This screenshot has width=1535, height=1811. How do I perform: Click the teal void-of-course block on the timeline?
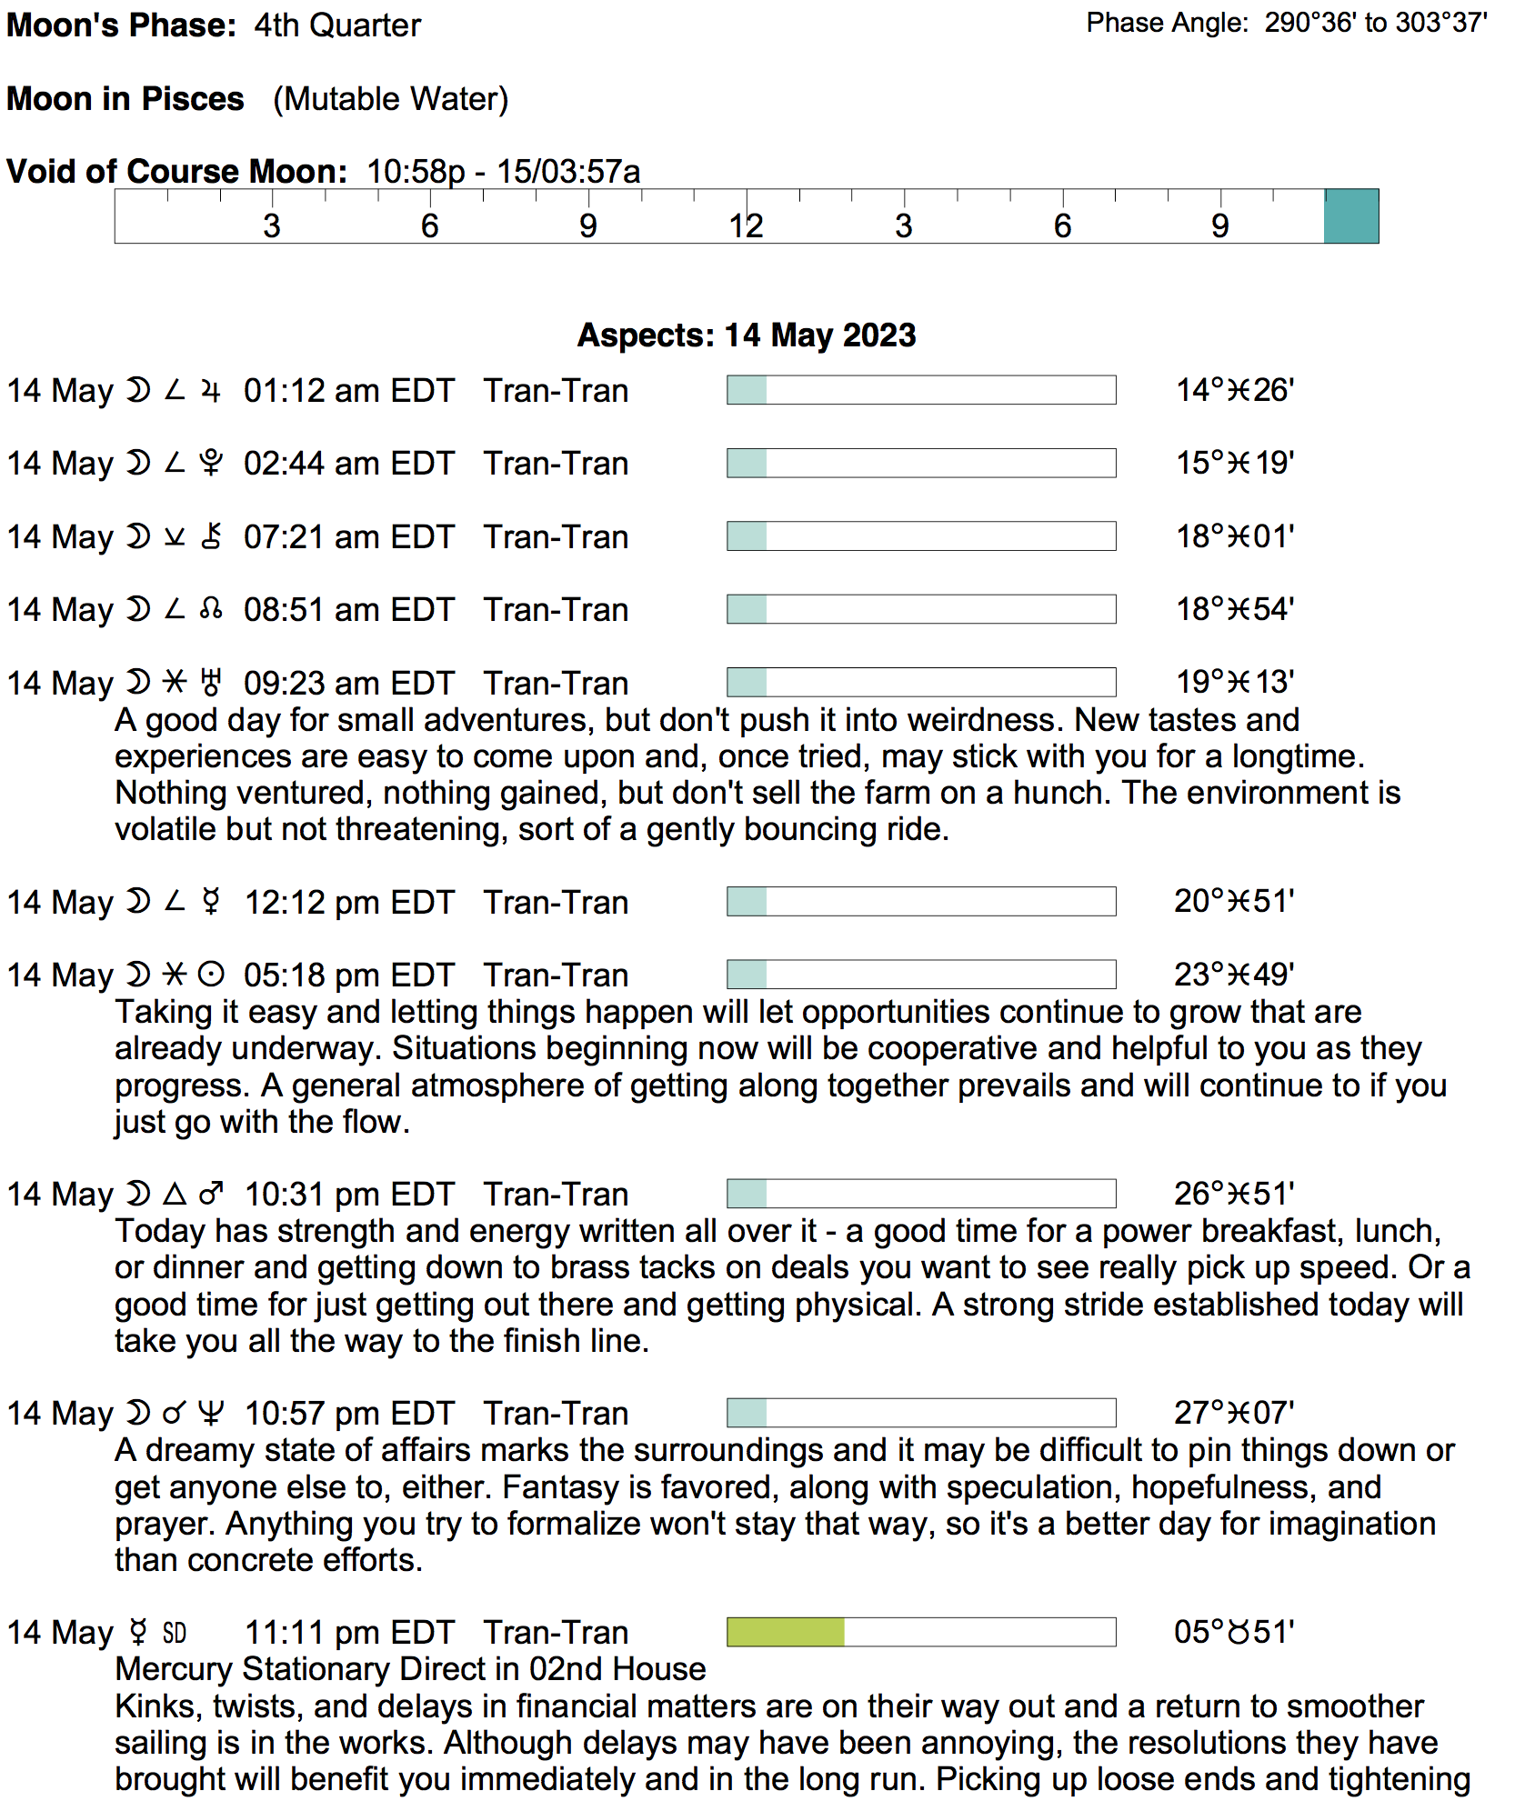[1350, 216]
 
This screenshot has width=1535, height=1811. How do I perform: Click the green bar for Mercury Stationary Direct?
[786, 1631]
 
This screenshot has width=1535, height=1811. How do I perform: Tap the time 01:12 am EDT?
[348, 391]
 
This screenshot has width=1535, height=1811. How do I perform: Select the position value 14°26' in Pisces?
[1234, 391]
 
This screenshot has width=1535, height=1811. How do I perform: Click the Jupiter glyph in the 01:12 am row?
[211, 391]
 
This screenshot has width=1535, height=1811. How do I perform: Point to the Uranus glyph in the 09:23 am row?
[211, 683]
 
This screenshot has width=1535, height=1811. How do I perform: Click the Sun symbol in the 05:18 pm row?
[211, 975]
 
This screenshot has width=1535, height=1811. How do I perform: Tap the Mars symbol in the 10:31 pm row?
[211, 1194]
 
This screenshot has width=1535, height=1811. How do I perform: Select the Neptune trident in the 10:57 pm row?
[211, 1413]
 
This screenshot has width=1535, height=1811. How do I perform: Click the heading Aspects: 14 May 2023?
[747, 335]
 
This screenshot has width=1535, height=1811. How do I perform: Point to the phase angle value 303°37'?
[1440, 23]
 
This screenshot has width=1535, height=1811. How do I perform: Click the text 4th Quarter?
[337, 25]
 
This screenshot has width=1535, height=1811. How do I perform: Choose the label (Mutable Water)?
[390, 99]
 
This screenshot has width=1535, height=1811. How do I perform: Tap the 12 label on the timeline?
[746, 225]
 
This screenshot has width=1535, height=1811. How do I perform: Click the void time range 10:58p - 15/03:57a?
[503, 172]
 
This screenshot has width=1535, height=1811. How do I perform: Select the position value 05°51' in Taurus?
[1233, 1632]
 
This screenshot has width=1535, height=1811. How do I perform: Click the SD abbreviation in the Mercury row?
[175, 1633]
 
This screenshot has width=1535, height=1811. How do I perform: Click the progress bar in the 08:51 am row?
[920, 609]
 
